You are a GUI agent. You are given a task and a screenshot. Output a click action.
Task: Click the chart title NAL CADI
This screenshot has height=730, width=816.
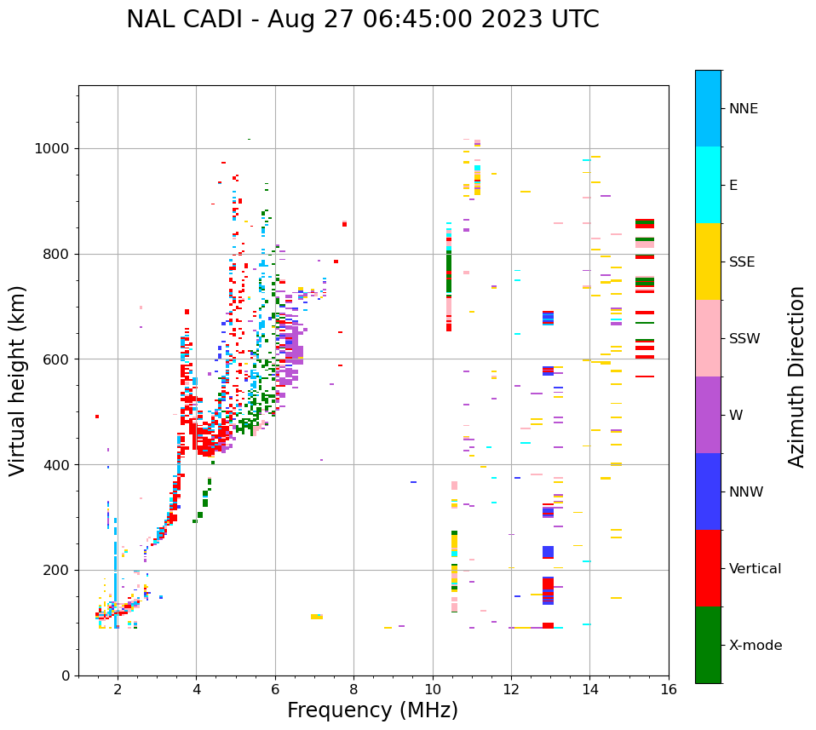[362, 20]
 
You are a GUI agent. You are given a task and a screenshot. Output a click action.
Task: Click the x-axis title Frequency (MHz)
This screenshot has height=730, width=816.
[372, 710]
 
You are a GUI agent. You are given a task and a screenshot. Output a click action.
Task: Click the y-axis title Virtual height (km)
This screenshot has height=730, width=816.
[18, 381]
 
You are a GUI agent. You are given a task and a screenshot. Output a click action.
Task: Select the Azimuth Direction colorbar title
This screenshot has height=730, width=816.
[796, 376]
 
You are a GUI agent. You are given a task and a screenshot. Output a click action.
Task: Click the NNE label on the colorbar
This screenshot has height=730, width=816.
[743, 109]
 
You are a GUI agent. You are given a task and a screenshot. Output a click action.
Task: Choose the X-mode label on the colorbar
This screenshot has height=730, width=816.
[755, 646]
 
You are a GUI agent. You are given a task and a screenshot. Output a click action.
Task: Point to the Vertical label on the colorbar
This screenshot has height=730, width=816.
[755, 569]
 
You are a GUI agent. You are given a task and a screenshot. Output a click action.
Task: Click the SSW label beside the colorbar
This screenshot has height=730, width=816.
[744, 339]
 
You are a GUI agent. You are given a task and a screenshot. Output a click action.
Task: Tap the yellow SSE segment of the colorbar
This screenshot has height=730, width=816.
[708, 262]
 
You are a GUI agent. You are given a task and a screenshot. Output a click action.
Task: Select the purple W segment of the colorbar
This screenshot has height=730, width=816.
[708, 415]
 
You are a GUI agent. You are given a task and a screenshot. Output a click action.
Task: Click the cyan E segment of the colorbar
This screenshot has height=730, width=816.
[708, 185]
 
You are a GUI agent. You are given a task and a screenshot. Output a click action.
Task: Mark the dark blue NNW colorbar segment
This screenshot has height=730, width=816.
[708, 491]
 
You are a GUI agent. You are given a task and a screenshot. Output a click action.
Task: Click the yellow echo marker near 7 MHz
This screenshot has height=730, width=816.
[317, 616]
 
